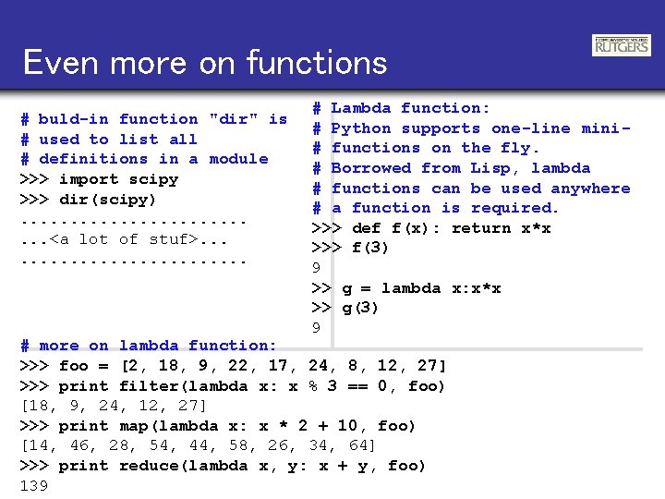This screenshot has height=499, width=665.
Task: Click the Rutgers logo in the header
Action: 621,44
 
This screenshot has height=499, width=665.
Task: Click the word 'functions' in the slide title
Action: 316,63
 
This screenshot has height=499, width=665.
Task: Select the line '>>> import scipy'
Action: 99,179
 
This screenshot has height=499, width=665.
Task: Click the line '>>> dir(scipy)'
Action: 89,200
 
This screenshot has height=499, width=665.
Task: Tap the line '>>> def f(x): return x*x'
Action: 431,228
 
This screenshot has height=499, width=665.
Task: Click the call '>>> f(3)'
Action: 351,248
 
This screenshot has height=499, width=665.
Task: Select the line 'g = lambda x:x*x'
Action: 421,288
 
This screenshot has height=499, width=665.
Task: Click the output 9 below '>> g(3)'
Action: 316,328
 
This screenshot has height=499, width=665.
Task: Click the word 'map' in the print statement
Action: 134,426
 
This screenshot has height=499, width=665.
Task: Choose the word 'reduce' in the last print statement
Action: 149,466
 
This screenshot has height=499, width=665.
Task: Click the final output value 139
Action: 33,486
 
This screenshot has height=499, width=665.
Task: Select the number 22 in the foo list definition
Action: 237,366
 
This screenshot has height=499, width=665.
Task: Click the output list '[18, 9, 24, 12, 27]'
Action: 114,407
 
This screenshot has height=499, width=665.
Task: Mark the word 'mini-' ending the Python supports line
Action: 606,128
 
